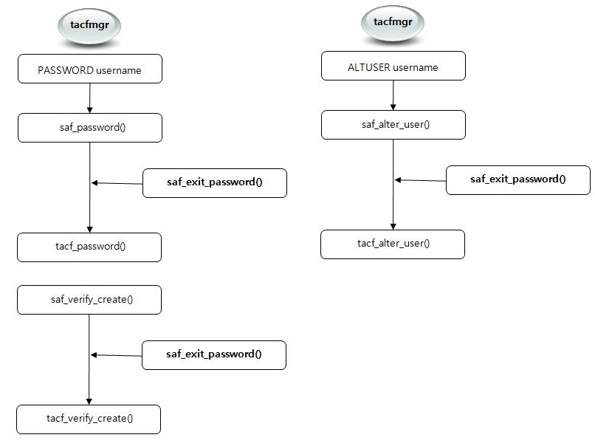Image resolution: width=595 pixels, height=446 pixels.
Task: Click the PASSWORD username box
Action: pos(89,70)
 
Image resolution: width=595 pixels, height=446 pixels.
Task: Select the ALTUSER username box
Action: pos(393,67)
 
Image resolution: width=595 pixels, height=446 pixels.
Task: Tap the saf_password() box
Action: pos(89,127)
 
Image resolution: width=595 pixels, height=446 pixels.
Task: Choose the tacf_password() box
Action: pos(89,247)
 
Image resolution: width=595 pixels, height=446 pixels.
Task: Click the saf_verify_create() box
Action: pos(89,299)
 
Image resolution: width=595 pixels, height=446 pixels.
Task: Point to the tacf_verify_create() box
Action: pos(89,419)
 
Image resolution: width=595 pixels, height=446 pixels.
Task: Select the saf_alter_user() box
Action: pos(393,124)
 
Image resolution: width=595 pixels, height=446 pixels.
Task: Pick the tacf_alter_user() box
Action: pos(393,244)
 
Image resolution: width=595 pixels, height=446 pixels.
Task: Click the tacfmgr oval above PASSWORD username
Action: pos(89,25)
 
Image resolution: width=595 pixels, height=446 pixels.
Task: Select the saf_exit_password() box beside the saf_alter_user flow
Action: pos(517,179)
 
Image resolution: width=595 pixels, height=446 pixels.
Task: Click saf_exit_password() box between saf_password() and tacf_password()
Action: pos(214,183)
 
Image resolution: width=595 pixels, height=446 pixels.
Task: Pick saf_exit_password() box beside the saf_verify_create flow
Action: pos(213,354)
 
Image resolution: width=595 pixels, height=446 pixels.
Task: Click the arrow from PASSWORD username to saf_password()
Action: pos(89,98)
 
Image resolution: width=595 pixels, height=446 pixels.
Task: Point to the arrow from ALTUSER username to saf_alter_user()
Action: pos(393,95)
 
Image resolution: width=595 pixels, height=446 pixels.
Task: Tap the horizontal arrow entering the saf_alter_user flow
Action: pos(420,179)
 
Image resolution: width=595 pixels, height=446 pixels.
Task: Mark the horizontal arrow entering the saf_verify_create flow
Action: pos(116,354)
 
